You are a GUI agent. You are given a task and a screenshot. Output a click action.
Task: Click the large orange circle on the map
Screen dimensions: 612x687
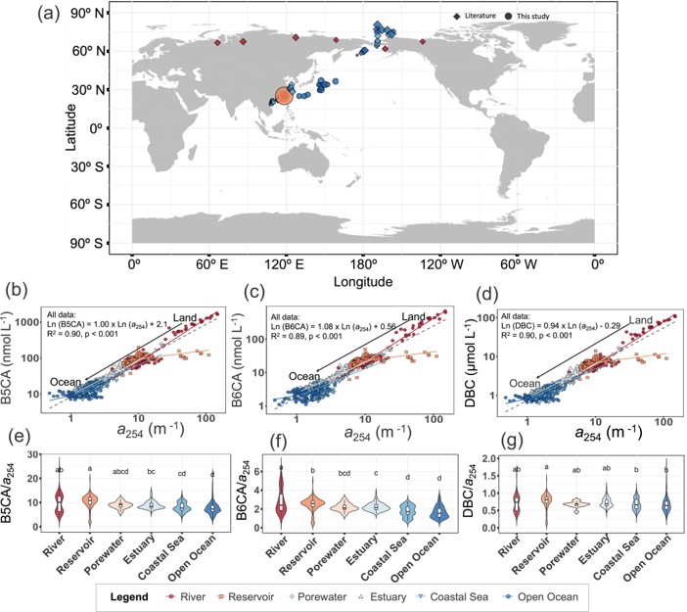[283, 96]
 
